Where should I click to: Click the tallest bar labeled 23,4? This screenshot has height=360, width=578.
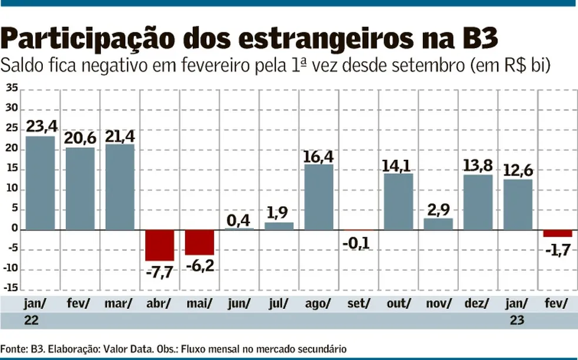(40, 183)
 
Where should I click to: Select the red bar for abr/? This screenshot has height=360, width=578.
(160, 245)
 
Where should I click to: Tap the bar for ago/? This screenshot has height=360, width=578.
(319, 197)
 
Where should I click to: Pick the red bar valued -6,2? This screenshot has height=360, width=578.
(200, 242)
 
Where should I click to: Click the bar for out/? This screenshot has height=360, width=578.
(399, 201)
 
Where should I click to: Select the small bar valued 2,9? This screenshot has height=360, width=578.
(438, 224)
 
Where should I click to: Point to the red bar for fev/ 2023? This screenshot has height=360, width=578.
(557, 233)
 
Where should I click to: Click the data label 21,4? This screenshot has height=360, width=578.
(120, 136)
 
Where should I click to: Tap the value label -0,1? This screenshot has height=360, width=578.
(358, 243)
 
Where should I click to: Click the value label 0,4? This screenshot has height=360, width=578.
(240, 220)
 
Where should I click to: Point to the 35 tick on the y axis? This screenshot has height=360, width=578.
(12, 90)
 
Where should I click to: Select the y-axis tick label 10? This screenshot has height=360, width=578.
(12, 190)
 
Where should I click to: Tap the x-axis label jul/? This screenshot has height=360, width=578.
(278, 304)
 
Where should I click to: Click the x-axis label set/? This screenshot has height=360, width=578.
(358, 304)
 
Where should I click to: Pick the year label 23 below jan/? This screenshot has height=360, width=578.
(518, 321)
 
